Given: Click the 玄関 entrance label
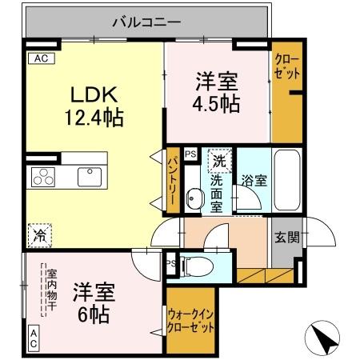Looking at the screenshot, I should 288,237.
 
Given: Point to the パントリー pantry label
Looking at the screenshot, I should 173,182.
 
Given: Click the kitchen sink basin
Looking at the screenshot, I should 87,175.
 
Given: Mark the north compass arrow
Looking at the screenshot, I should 327,340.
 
